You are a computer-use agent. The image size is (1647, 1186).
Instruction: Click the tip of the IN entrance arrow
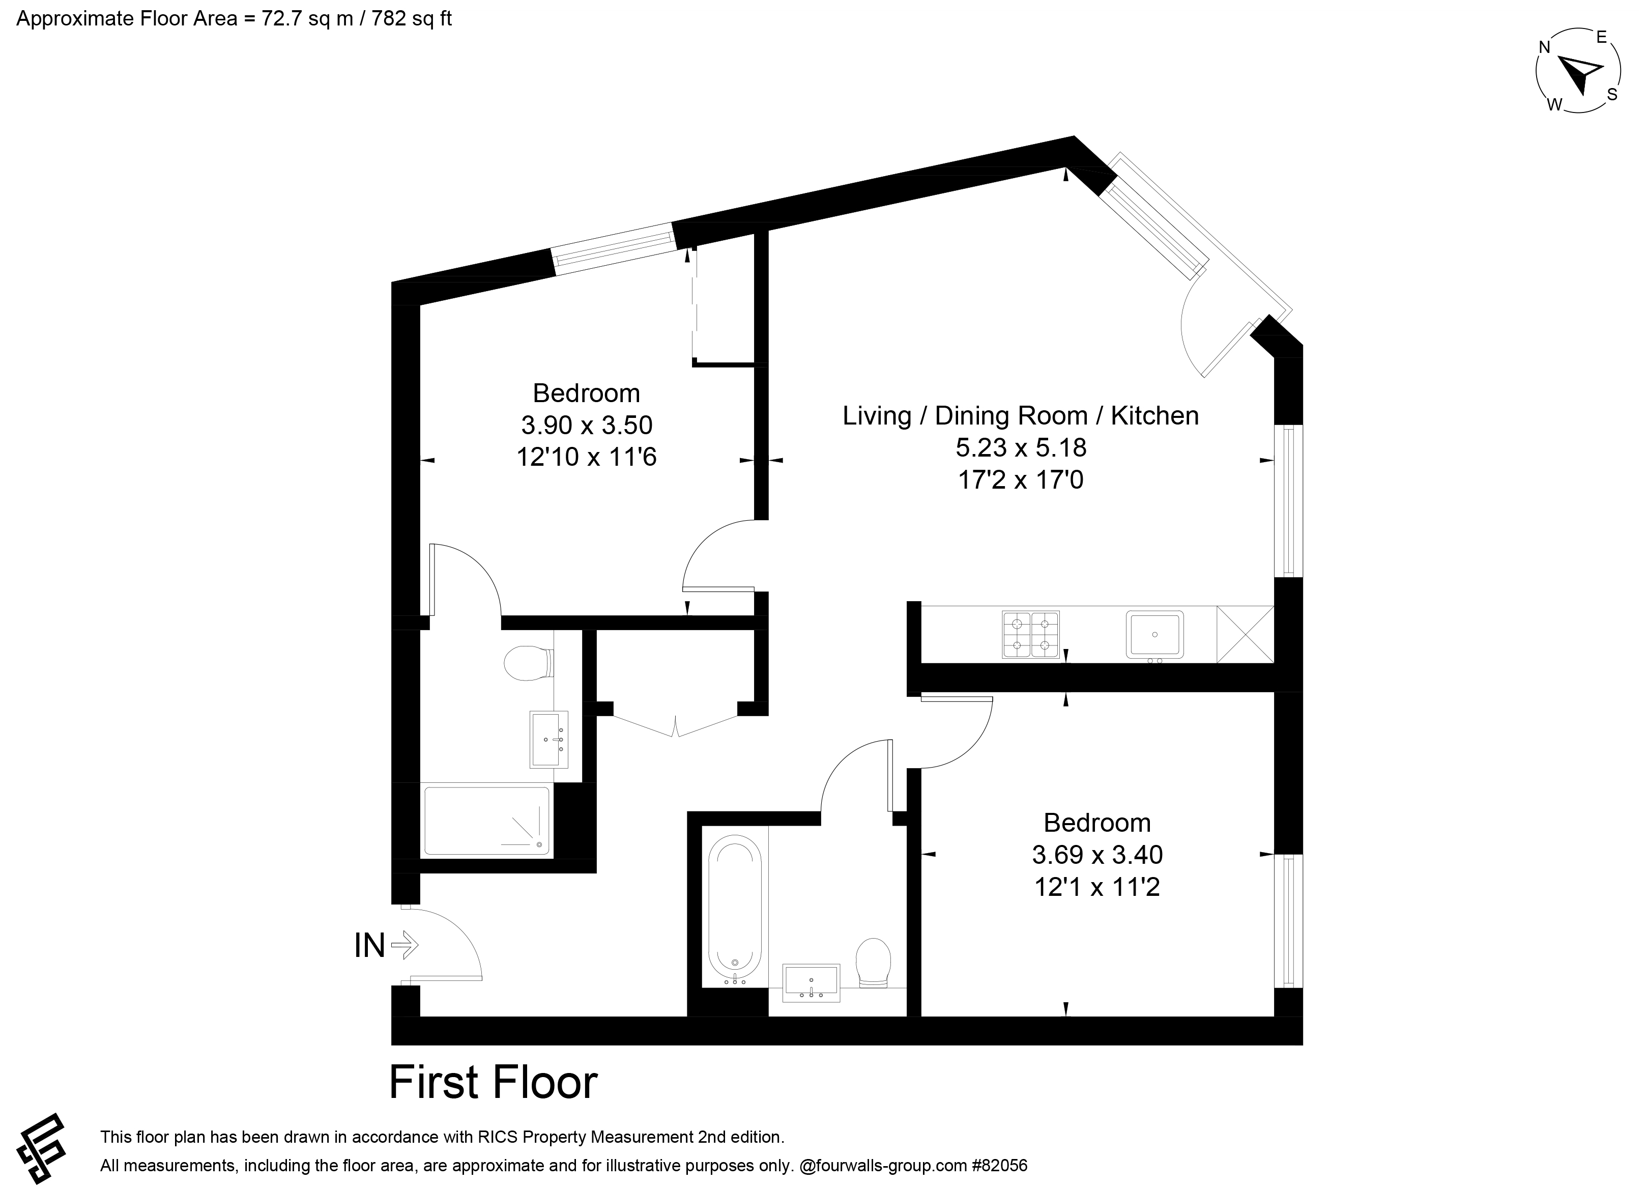tap(419, 946)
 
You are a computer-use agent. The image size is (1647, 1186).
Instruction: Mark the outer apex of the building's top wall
tap(1074, 136)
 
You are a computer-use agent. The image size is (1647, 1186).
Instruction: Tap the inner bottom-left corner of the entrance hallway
tap(420, 1016)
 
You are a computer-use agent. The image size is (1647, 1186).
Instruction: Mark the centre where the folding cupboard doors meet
tap(676, 726)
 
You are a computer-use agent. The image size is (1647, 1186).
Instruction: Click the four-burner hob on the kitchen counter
tap(1030, 634)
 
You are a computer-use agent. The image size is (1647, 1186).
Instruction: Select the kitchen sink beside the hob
tap(1154, 635)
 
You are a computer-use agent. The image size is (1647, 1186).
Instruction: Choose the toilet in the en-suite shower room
tap(531, 662)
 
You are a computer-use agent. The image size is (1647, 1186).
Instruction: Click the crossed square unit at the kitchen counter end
tap(1246, 634)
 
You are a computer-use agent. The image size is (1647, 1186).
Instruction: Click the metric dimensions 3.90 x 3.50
tap(587, 425)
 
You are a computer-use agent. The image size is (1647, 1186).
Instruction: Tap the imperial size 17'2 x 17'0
tap(1021, 480)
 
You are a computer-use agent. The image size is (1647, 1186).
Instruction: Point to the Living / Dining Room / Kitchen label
tap(1020, 415)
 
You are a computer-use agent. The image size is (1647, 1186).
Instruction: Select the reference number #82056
tap(999, 1166)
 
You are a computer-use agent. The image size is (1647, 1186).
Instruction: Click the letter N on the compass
tap(1545, 48)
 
